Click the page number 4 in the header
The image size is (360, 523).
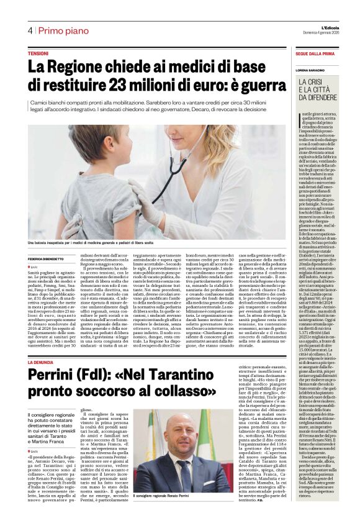(x=30, y=30)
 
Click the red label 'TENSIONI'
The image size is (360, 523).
(x=38, y=55)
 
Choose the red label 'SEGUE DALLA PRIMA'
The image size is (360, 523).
(x=316, y=55)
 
